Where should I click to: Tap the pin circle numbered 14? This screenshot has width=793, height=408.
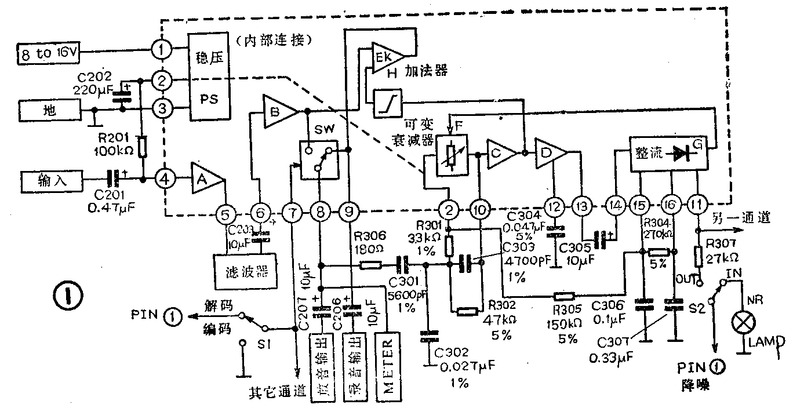coord(615,205)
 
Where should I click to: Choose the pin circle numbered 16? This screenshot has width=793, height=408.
coord(672,205)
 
